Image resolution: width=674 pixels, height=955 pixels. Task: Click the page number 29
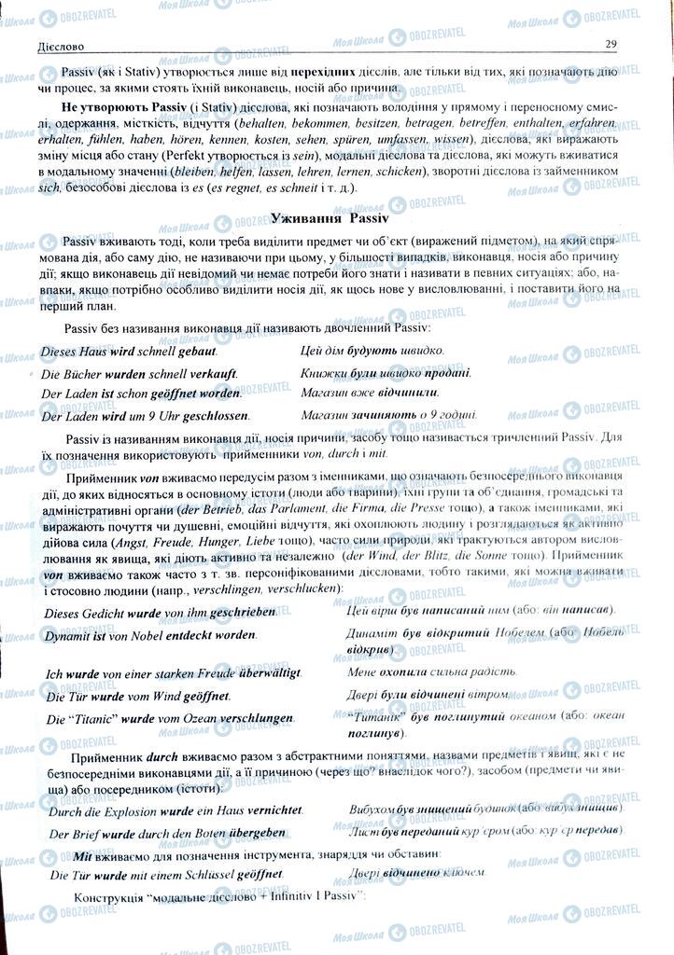coord(611,44)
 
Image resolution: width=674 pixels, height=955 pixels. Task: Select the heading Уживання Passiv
coord(322,217)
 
